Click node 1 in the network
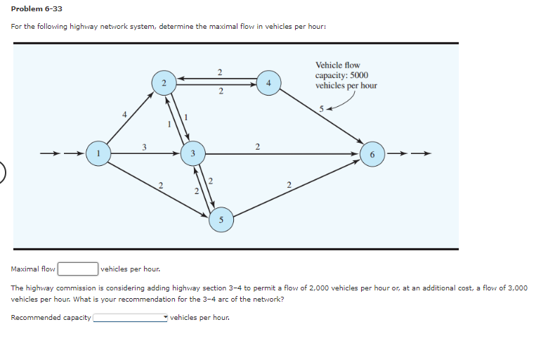99,152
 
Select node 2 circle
163,84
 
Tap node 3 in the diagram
192,153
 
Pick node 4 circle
268,83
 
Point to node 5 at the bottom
221,220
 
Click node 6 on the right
372,153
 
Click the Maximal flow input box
77,269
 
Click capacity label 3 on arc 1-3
144,146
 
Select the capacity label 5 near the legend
321,109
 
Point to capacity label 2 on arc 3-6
258,146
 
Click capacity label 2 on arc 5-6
289,185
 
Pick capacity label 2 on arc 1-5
161,185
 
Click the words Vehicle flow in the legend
338,65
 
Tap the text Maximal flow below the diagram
34,269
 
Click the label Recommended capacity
51,318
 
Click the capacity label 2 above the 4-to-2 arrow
220,72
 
